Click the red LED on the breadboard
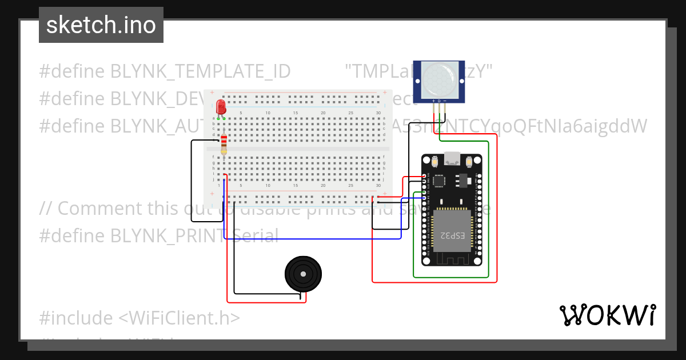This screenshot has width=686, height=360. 221,107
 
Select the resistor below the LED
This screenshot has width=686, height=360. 224,145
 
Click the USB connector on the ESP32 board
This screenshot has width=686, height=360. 452,158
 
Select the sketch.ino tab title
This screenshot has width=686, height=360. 101,25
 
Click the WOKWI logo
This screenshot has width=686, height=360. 607,315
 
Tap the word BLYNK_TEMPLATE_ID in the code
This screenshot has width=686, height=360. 200,71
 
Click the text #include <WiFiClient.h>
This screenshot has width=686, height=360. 139,318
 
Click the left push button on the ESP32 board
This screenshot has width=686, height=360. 436,162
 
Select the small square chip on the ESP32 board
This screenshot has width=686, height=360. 439,181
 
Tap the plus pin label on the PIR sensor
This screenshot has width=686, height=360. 433,101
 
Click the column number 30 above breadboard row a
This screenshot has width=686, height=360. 378,113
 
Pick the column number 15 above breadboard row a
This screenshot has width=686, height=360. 296,113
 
